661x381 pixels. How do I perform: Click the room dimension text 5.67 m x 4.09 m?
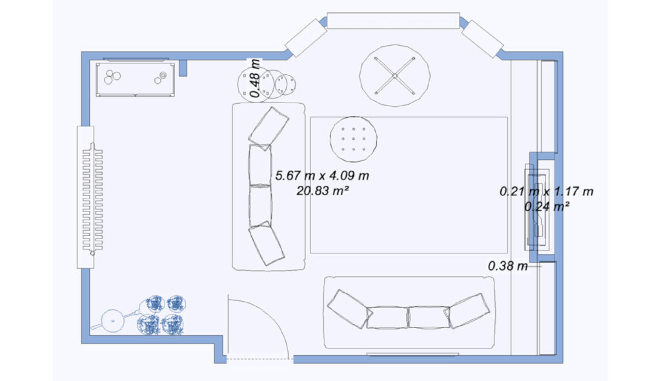click(322, 175)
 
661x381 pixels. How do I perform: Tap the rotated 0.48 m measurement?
click(255, 79)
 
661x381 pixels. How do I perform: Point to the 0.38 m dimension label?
click(507, 266)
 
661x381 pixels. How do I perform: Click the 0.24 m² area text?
click(546, 206)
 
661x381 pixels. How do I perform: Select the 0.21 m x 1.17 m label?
click(546, 191)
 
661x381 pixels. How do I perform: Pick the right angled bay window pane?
click(482, 38)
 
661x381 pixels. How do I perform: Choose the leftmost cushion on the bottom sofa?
click(348, 309)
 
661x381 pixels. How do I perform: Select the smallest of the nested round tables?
click(285, 84)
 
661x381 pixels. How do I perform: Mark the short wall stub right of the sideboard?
click(183, 68)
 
